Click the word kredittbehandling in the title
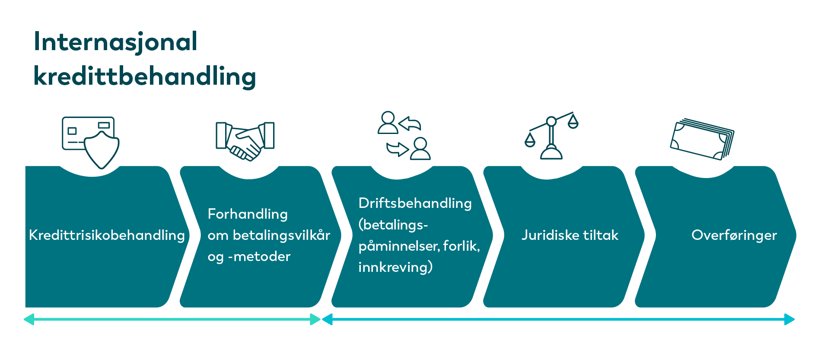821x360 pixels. [x=145, y=76]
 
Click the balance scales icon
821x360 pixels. [x=551, y=136]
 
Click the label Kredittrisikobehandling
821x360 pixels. [x=107, y=235]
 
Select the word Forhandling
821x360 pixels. [x=248, y=214]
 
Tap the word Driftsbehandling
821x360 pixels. [x=415, y=203]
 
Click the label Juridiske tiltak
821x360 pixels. [x=570, y=235]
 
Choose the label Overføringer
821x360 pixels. [x=734, y=235]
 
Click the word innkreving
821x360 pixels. [x=393, y=267]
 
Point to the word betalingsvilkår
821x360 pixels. [x=281, y=235]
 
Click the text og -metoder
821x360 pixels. [x=249, y=257]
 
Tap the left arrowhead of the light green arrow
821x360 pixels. [x=29, y=319]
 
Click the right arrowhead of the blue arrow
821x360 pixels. [x=790, y=319]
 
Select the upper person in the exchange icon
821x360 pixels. [x=388, y=122]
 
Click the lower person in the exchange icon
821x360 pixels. [x=420, y=149]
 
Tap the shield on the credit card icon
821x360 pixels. [x=102, y=150]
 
